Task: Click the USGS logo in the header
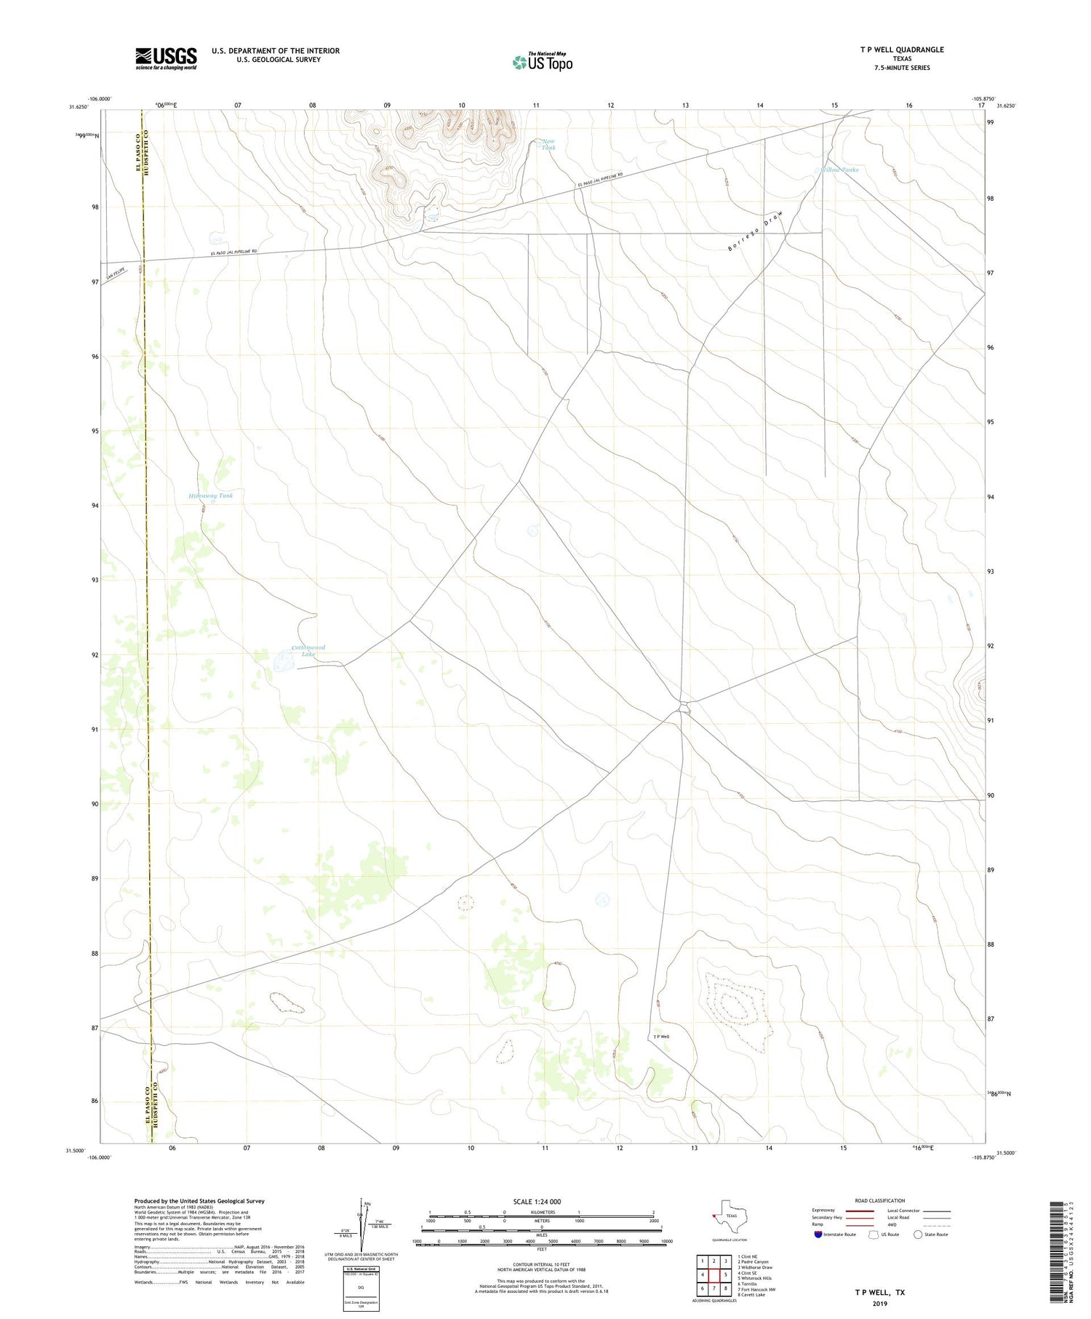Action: pos(166,58)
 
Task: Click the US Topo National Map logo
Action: pos(542,62)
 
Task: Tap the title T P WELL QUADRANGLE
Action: pos(901,49)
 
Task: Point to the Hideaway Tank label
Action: pos(211,495)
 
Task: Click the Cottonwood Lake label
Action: pos(308,650)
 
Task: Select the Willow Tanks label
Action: pos(839,170)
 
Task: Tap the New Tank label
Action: pos(548,144)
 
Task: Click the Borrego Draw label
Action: pos(756,231)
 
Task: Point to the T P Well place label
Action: pos(660,1037)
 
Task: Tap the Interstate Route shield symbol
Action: pos(818,1235)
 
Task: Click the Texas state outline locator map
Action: pos(728,1214)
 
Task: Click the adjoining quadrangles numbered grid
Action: pos(714,1275)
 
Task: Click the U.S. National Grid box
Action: pos(361,1288)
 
